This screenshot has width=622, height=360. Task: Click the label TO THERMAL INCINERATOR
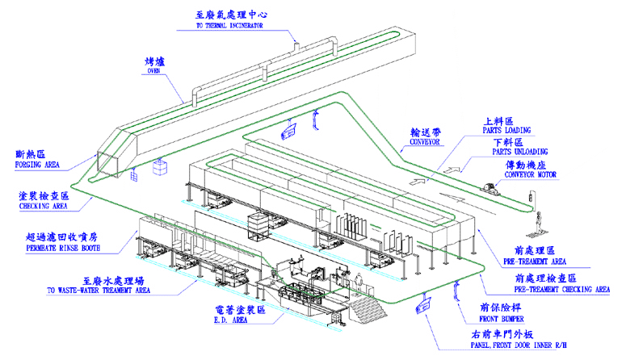coord(229,25)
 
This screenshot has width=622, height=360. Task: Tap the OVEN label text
coord(153,71)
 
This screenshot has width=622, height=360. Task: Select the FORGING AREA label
coord(37,165)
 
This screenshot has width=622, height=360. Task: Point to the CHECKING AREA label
coord(44,206)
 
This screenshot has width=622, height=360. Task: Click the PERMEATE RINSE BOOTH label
coord(63,248)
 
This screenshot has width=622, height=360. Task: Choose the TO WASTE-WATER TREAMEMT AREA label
coord(99,291)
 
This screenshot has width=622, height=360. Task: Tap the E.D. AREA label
coord(230,320)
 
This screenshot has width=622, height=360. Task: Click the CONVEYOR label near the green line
coord(424,141)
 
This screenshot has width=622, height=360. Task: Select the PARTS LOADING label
coord(506,130)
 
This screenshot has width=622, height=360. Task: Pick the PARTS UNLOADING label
coord(520,152)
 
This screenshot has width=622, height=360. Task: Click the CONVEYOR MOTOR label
coord(531,174)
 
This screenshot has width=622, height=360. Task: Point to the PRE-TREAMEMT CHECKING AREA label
coord(562,290)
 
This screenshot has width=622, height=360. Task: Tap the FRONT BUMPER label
coord(502,319)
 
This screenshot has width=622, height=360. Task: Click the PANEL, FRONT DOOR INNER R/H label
coord(519,345)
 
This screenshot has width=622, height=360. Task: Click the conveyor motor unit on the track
coord(490,186)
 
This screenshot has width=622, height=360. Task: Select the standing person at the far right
coord(539,223)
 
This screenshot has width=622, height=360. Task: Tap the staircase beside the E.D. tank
coord(368,308)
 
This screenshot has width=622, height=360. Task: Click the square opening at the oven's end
coord(108,163)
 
